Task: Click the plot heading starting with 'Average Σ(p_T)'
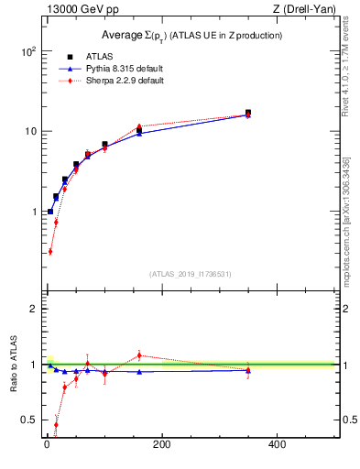tap(191, 35)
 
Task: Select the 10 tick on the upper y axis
tap(28, 132)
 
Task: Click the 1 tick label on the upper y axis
tap(32, 212)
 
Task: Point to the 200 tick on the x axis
tap(161, 446)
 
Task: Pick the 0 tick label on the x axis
tap(47, 446)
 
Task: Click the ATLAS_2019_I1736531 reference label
tap(191, 274)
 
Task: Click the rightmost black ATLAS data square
tap(247, 113)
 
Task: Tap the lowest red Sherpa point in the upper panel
tap(50, 251)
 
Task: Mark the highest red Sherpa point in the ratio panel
tap(139, 354)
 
